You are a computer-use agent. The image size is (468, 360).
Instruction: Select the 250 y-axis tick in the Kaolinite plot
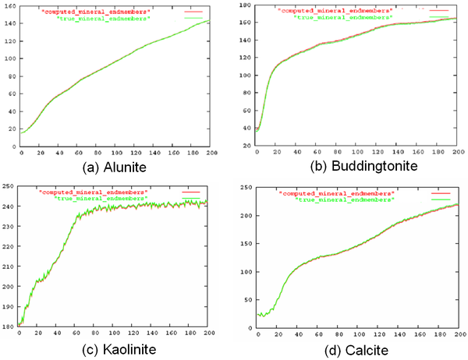click(x=9, y=185)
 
